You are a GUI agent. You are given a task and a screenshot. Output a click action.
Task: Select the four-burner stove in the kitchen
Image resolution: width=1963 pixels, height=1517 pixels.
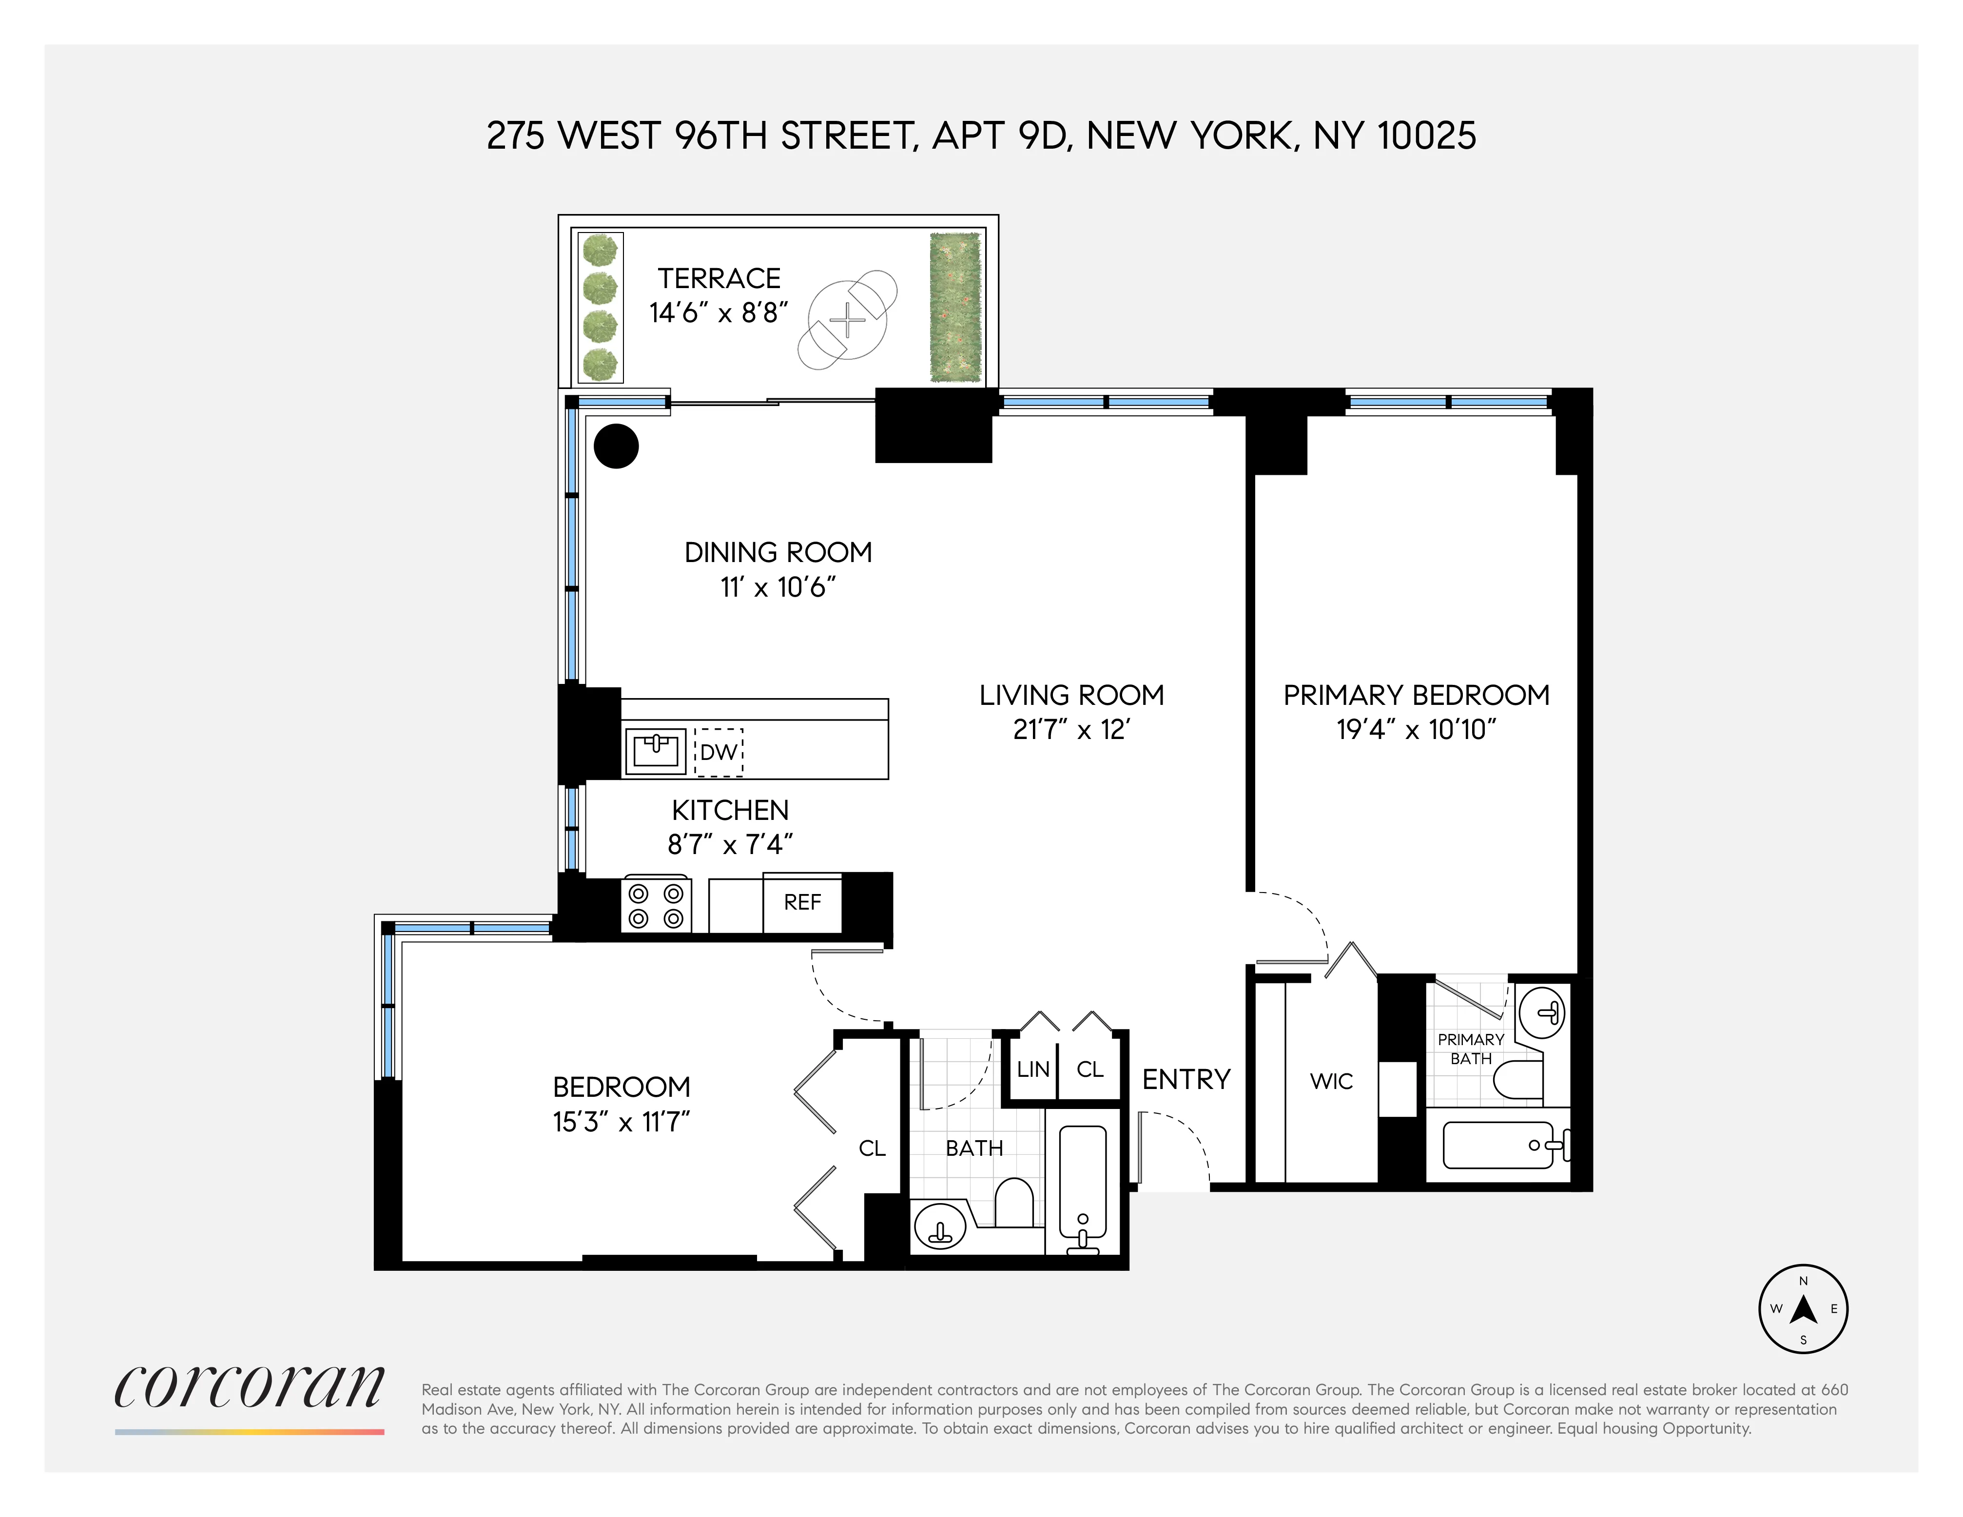pos(655,906)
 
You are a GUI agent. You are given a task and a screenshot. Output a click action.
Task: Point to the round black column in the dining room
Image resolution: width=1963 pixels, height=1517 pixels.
pos(617,446)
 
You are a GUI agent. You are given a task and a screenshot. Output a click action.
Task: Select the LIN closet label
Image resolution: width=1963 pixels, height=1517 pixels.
pos(1033,1070)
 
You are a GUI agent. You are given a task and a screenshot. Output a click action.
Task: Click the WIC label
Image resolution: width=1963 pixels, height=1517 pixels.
pos(1331,1081)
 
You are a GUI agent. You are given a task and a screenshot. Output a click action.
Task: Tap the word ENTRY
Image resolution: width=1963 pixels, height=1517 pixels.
pos(1186,1079)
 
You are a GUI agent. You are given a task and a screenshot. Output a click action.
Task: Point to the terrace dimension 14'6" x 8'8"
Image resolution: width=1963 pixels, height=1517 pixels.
pos(718,313)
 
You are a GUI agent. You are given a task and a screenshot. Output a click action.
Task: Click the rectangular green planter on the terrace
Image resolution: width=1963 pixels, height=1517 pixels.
pos(954,308)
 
